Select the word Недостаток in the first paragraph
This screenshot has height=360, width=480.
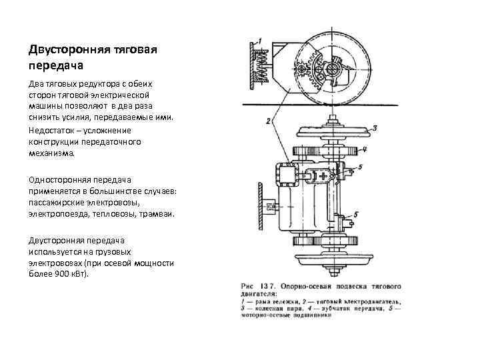pos(55,130)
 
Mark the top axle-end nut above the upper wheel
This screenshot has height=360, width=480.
pos(331,121)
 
